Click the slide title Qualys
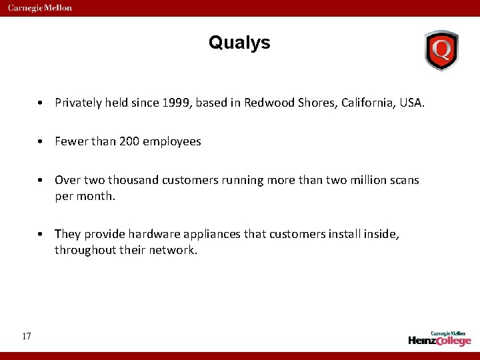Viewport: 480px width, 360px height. (x=239, y=43)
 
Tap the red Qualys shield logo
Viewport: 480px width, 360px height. (x=441, y=50)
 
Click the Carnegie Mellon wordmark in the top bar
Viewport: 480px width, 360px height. (x=40, y=8)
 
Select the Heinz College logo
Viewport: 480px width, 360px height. (x=439, y=338)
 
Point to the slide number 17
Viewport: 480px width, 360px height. (x=26, y=336)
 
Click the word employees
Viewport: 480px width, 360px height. (x=171, y=141)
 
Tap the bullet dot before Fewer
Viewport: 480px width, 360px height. (x=41, y=142)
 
